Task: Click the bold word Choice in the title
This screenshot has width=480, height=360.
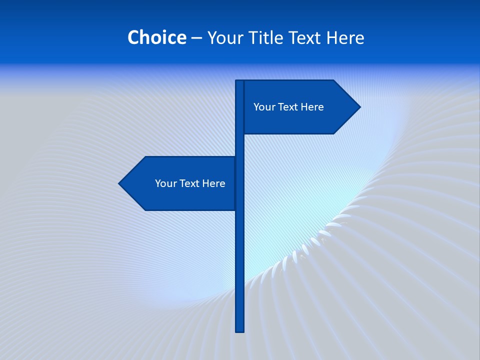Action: click(156, 37)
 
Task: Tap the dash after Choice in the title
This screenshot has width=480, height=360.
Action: click(196, 38)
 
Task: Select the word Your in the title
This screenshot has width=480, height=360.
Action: click(224, 38)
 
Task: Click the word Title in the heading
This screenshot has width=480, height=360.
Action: click(267, 37)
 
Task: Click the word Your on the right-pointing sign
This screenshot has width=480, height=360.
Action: click(263, 107)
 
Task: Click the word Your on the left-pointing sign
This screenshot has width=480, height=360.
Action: click(165, 183)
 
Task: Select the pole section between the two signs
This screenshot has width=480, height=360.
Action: click(240, 145)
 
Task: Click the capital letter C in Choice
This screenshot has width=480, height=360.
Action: click(133, 37)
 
